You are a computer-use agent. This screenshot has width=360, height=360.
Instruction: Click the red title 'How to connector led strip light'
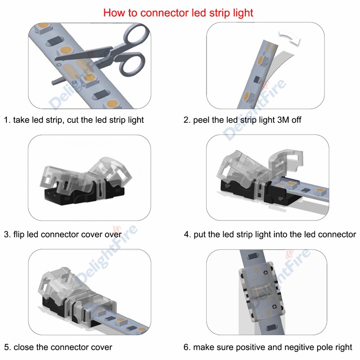(178, 12)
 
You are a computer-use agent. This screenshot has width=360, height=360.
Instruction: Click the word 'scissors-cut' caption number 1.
(8, 120)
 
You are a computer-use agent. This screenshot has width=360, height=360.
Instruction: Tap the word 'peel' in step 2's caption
(202, 120)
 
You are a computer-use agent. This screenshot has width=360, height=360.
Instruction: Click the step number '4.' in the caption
(187, 234)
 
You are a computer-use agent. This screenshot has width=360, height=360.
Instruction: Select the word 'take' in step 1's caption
(21, 120)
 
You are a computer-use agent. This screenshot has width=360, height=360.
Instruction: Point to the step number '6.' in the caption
(187, 347)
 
